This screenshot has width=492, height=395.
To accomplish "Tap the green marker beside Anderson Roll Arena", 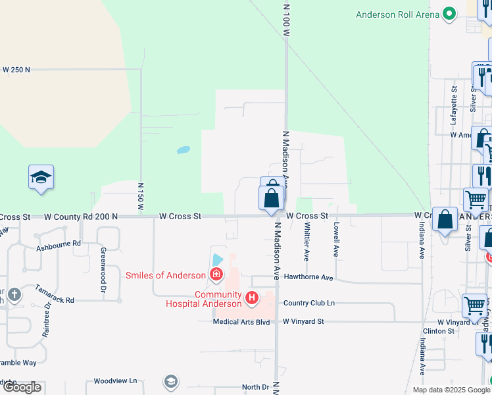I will point(450,14).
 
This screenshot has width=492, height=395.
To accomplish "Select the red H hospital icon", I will point(251,298).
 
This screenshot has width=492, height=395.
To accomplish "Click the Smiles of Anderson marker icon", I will point(215,275).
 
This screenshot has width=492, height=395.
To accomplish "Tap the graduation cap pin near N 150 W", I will point(41,178).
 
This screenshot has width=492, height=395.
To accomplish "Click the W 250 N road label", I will point(16,69).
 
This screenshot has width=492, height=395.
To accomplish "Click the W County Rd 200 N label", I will point(81,216).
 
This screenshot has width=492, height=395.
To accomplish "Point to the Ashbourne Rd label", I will point(58,244).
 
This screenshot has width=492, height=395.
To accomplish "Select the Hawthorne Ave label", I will point(308,278).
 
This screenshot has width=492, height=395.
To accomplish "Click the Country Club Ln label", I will point(309,303).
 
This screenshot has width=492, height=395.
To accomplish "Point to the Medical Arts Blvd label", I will point(241,322).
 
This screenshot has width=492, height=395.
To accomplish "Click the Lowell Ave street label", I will point(336,238).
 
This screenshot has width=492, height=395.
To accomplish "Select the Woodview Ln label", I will point(115,381).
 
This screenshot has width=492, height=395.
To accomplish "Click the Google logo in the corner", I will point(22,387).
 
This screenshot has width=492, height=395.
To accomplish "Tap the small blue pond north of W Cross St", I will point(184,149).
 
